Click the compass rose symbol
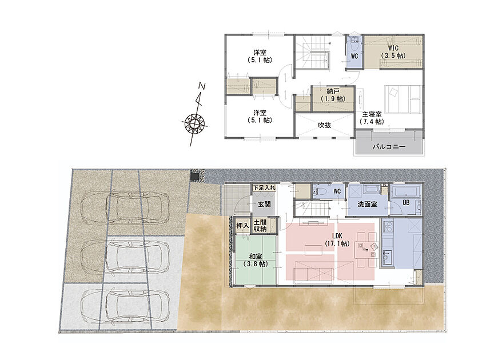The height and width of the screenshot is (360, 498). click(194, 122)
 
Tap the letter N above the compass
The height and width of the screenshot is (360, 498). click(202, 86)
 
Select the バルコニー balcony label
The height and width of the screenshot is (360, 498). click(389, 147)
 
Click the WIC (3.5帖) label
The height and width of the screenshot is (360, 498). click(393, 52)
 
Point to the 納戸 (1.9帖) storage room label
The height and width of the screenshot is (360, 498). click(333, 95)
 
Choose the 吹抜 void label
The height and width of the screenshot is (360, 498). click(325, 125)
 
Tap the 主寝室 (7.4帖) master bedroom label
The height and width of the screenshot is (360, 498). click(372, 118)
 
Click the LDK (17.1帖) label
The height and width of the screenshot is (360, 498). click(337, 239)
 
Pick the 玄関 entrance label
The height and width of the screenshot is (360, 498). click(264, 204)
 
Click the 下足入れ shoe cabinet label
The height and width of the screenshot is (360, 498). click(264, 188)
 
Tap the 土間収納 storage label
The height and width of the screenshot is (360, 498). click(260, 226)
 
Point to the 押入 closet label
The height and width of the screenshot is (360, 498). click(242, 226)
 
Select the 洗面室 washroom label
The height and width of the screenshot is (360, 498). click(367, 204)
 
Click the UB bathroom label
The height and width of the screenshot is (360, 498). click(406, 202)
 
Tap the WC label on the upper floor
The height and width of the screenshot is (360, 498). click(354, 56)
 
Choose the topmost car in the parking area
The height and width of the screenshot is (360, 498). click(126, 207)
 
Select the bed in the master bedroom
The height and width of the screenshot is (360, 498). click(403, 99)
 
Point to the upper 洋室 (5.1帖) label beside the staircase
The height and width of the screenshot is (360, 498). click(260, 56)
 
